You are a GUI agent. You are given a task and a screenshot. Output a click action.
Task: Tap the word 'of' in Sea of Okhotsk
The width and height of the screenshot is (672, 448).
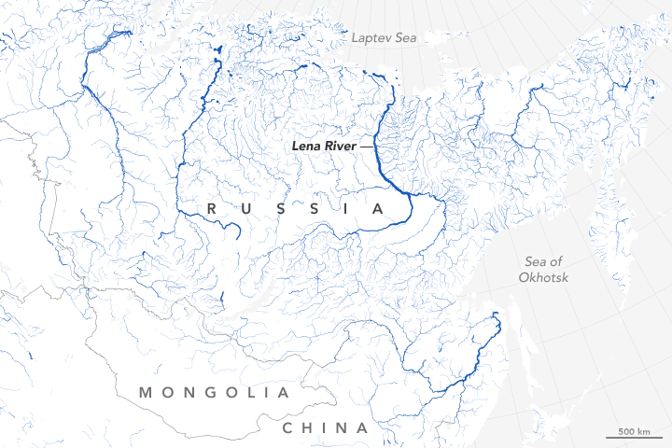coord(564,261)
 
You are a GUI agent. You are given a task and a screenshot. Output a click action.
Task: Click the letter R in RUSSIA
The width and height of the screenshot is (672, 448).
coord(213,208)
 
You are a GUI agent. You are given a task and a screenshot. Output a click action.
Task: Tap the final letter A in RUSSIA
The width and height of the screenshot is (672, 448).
coord(377,208)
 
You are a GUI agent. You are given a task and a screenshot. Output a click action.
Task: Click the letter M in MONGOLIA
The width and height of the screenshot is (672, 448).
coord(146,393)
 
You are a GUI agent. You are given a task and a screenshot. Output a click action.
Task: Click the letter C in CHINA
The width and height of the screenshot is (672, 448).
coord(289,428)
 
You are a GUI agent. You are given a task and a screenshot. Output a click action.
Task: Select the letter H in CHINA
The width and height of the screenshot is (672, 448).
coord(310,428)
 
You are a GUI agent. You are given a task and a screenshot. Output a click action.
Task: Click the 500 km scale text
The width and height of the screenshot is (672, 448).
coord(633,431)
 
